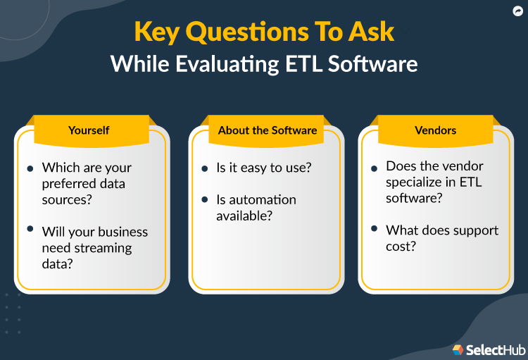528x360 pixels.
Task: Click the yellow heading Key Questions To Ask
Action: pos(264,32)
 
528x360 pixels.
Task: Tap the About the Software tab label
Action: pos(268,130)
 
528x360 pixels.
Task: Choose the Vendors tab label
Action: pos(436,130)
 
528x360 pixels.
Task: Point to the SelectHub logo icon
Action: pos(458,349)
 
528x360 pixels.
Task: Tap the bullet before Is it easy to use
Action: pos(205,168)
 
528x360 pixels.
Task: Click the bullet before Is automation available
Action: pos(205,201)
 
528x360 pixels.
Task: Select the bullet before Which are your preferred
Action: pos(30,168)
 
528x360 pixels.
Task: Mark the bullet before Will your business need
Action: pos(30,230)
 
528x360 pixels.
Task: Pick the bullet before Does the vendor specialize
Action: pos(374,168)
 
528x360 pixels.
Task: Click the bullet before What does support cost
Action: pos(374,230)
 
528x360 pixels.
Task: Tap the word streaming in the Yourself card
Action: pos(106,247)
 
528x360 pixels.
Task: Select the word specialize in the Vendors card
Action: pos(415,182)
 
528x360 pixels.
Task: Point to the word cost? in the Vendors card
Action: pos(401,246)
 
